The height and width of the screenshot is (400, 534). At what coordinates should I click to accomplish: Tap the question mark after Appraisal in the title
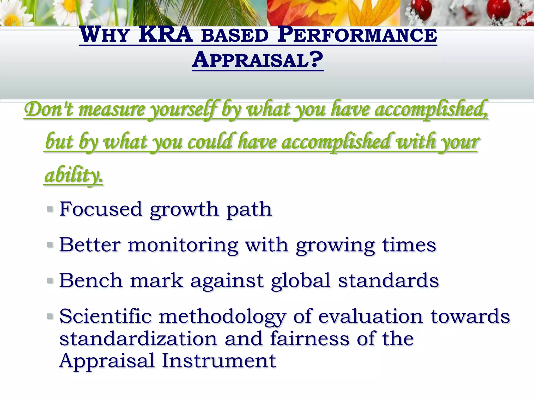(317, 60)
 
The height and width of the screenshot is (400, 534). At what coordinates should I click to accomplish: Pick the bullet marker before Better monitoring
(50, 245)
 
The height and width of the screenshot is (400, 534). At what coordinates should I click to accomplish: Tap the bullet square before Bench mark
(50, 280)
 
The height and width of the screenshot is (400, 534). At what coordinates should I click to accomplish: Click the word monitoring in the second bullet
(183, 245)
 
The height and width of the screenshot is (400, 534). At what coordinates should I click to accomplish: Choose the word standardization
(138, 339)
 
